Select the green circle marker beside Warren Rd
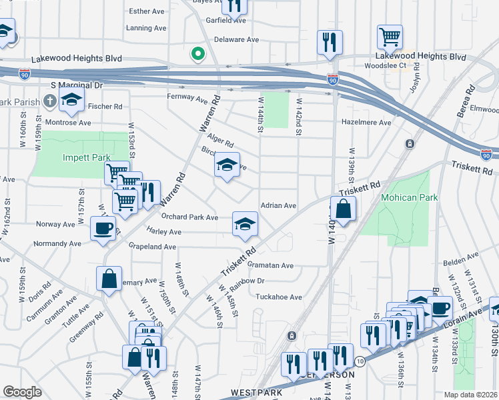[x=197, y=54]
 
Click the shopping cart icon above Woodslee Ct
[x=390, y=37]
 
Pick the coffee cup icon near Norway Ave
[x=103, y=229]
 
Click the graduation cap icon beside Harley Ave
[x=245, y=224]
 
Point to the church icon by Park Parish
[x=49, y=101]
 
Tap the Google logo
[x=22, y=392]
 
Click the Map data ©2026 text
[x=470, y=395]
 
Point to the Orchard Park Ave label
[x=189, y=217]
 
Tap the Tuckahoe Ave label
[x=279, y=297]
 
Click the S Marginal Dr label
[x=78, y=86]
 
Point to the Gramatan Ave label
[x=270, y=265]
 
